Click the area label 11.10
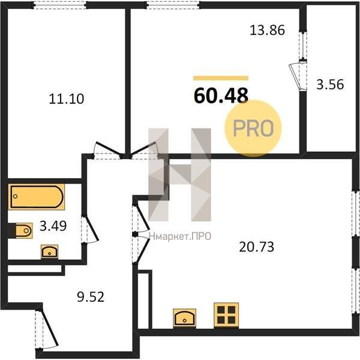click(67, 99)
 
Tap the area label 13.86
click(267, 30)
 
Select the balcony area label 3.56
click(330, 84)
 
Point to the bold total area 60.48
click(221, 95)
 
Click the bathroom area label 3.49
click(53, 226)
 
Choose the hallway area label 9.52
click(91, 296)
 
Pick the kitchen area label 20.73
click(256, 247)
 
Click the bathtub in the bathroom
click(37, 197)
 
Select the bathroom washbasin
click(49, 252)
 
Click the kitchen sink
click(185, 318)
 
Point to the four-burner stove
click(226, 316)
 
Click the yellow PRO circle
click(253, 128)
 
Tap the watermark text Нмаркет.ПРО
click(180, 236)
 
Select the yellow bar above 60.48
click(221, 78)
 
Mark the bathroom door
click(91, 229)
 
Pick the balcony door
click(296, 76)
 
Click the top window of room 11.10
click(60, 5)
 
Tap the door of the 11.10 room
click(107, 149)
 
